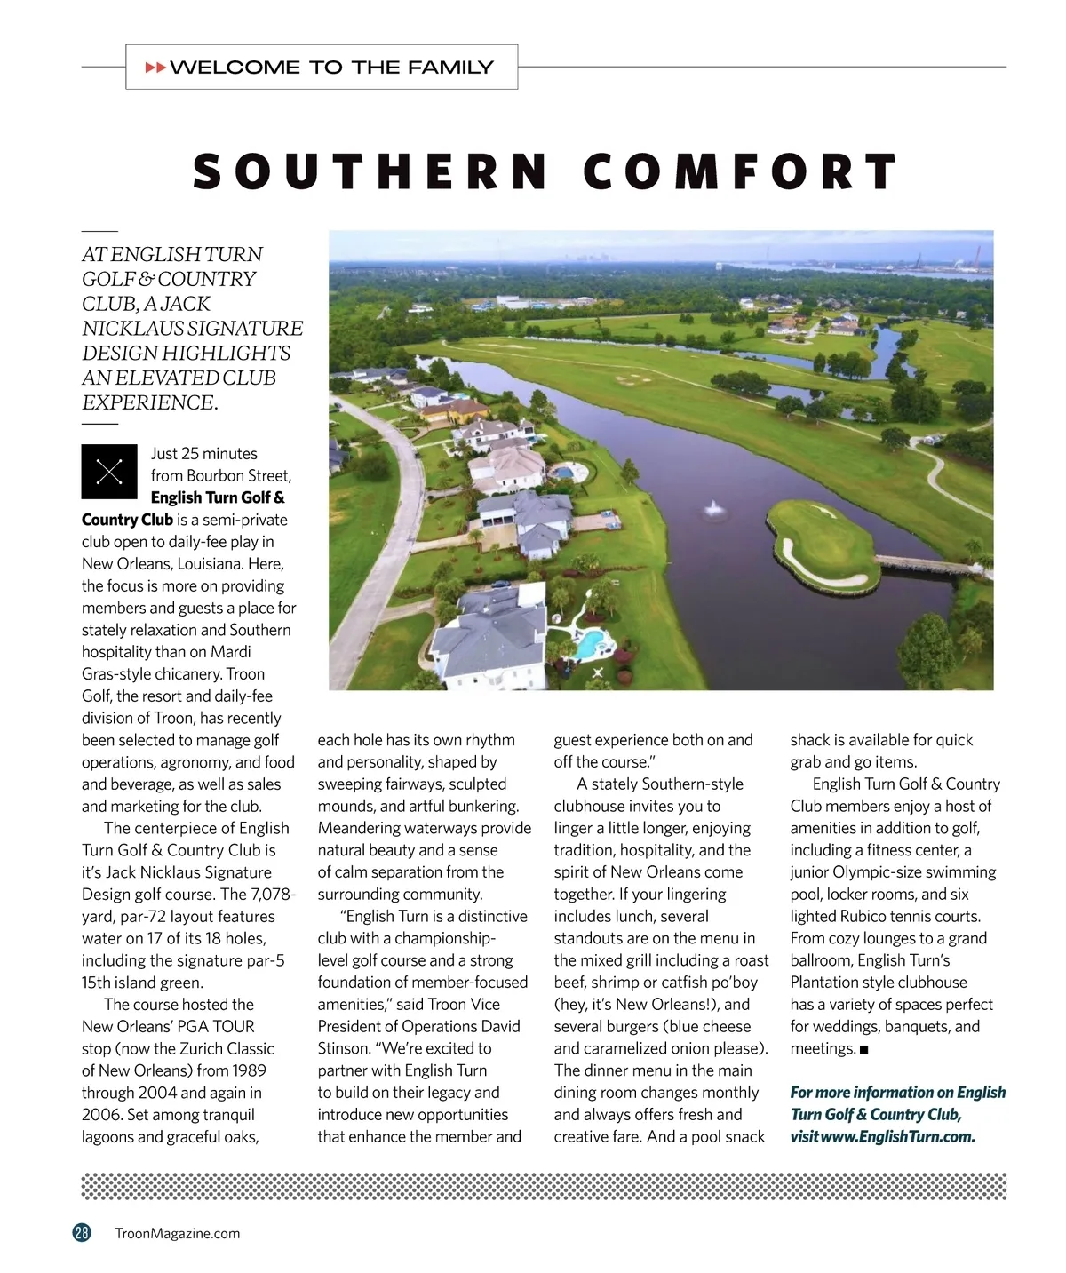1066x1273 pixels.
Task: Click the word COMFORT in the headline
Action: (740, 171)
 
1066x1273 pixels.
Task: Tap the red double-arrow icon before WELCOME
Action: (155, 68)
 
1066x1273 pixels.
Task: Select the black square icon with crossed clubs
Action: (109, 471)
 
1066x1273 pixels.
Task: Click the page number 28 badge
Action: (82, 1232)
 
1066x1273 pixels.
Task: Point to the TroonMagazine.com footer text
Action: (178, 1233)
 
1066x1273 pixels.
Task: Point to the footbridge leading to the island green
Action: (924, 564)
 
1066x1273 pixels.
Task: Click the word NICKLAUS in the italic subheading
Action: (132, 329)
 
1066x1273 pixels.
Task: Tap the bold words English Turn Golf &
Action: (218, 497)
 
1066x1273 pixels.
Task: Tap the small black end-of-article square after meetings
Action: (864, 1050)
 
